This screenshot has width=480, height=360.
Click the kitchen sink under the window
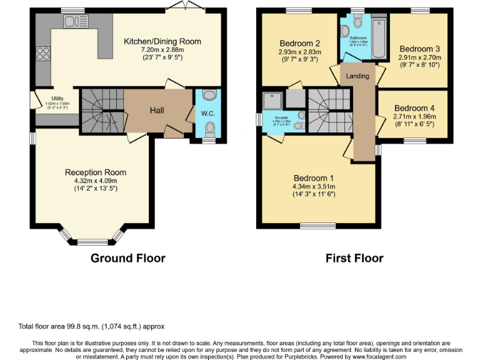coord(77,22)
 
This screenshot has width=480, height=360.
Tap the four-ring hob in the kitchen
coord(44,52)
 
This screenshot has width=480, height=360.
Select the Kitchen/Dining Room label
coord(162,41)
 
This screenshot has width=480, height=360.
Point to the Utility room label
coord(57,99)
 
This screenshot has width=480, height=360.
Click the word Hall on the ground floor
coord(157,111)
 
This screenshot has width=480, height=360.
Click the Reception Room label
coord(96,172)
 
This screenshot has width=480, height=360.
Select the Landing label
coord(358,76)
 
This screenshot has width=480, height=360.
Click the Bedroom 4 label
coord(414,108)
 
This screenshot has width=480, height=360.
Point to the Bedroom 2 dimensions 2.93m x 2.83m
coord(300,52)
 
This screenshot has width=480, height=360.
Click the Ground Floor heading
coord(128,258)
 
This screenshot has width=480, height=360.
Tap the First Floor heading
coord(354,258)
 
